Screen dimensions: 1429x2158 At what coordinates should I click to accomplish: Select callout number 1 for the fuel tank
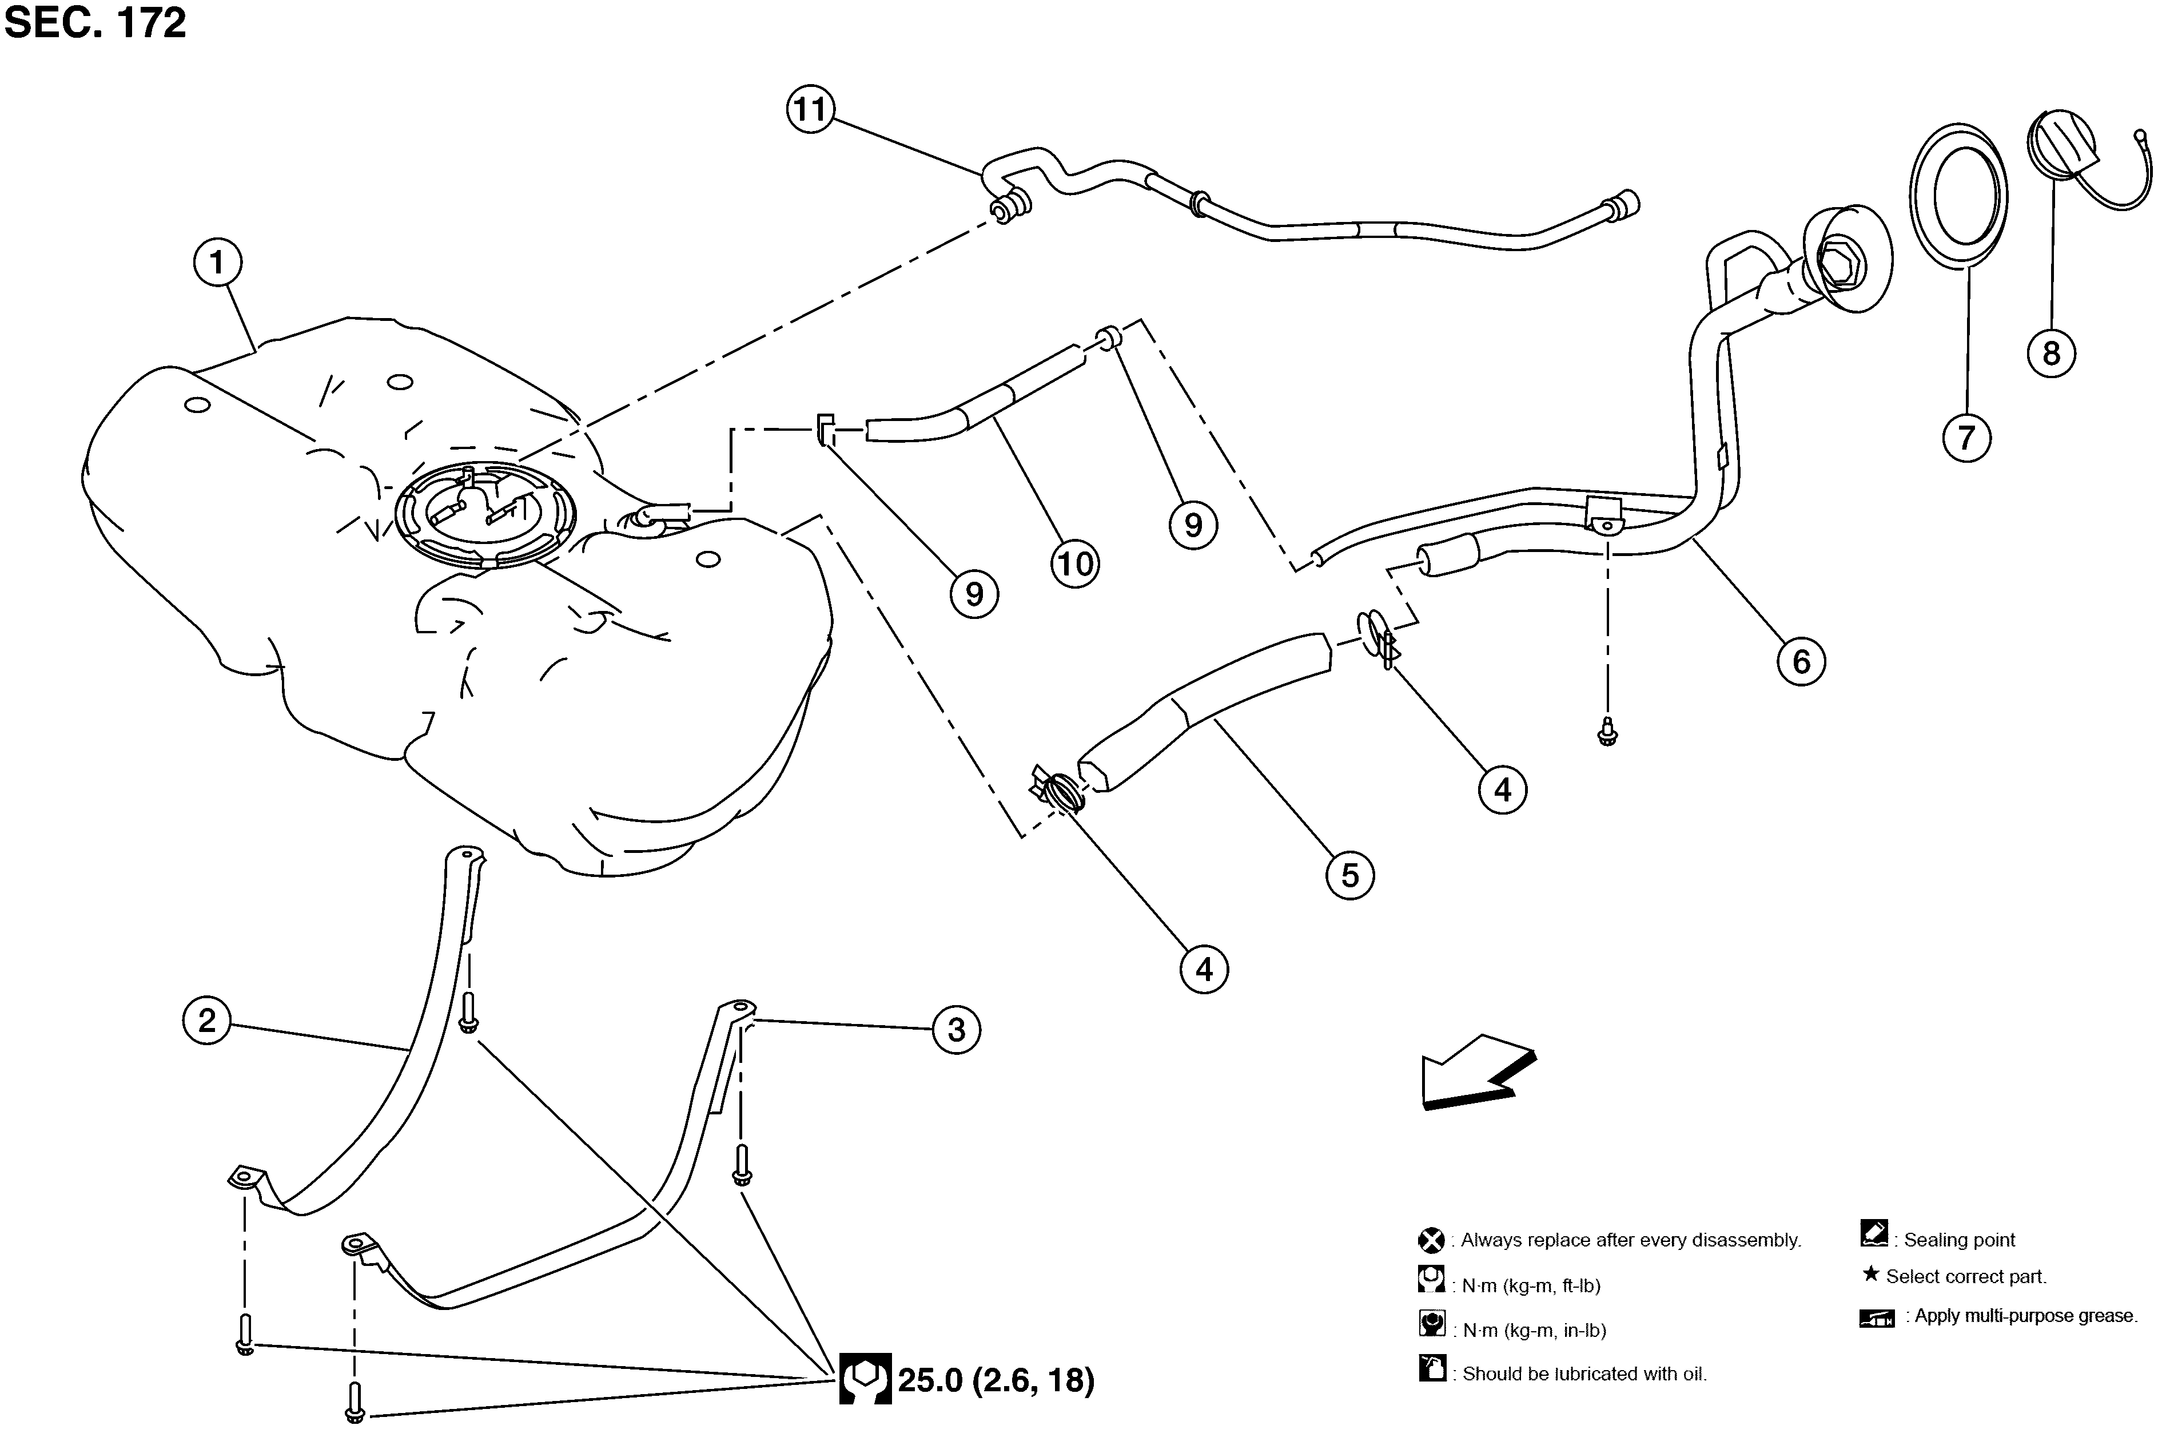point(217,263)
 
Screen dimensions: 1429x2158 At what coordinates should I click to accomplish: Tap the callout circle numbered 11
point(810,109)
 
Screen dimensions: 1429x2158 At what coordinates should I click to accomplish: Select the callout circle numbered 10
point(1075,564)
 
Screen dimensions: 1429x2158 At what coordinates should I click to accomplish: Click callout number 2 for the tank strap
point(207,1020)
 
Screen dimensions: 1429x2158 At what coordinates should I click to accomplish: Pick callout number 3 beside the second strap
point(955,1030)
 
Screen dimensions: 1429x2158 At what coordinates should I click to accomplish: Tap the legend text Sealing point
point(1958,1240)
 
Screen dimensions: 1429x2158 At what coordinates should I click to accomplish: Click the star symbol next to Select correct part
point(1870,1274)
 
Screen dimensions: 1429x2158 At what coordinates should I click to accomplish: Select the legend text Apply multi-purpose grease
point(2025,1316)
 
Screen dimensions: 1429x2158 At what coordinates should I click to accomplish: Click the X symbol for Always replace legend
point(1431,1240)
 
